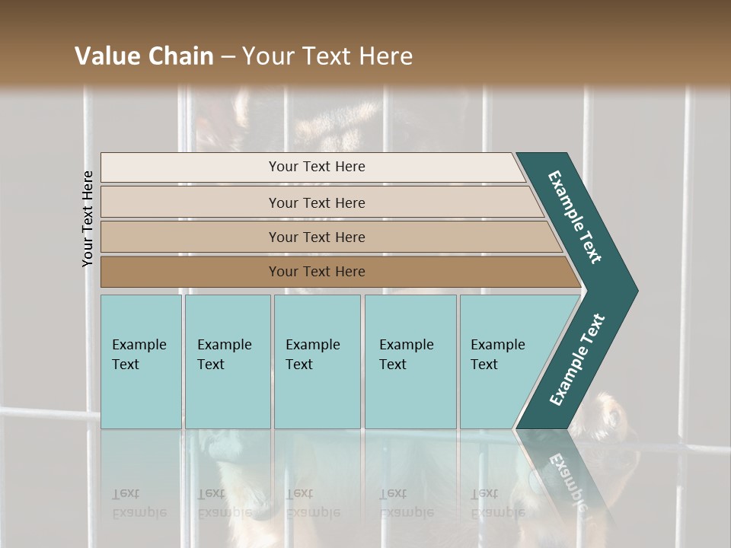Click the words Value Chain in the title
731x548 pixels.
point(144,56)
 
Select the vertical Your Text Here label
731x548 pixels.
point(88,218)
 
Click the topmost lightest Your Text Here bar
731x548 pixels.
point(316,167)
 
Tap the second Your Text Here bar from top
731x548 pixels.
point(316,202)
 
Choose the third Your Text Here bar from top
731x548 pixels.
point(316,237)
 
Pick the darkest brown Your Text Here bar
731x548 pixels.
point(316,272)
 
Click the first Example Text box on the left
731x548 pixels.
point(141,362)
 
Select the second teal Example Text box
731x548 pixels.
point(227,362)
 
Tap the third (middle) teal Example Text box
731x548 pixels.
point(317,362)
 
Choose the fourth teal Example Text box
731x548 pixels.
point(410,362)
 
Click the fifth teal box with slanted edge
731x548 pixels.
point(503,362)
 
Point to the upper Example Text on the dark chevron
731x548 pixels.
point(575,217)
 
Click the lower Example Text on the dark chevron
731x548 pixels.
point(577,360)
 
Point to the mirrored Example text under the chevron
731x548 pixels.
point(567,481)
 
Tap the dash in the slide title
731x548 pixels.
point(228,56)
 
